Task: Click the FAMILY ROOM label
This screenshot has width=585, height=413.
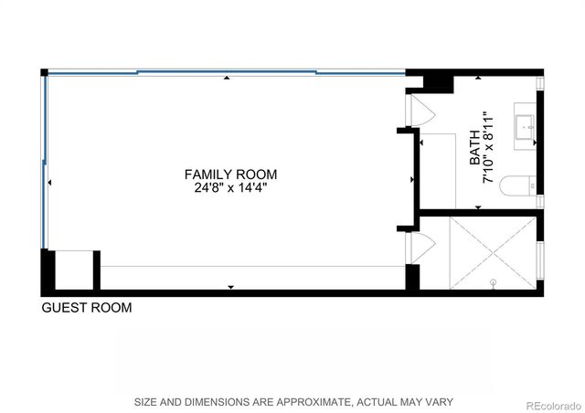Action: [230, 174]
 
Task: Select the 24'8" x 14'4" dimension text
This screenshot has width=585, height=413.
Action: [230, 187]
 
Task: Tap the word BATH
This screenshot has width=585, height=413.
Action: [475, 151]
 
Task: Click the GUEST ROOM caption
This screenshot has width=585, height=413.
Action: [87, 308]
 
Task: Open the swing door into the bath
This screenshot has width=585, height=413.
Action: [419, 111]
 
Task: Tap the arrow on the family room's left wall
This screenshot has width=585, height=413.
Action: [49, 184]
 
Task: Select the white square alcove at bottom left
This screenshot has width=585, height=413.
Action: [73, 270]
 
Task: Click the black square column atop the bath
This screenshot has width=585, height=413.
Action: [438, 81]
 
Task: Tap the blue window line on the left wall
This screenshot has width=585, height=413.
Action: [43, 160]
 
